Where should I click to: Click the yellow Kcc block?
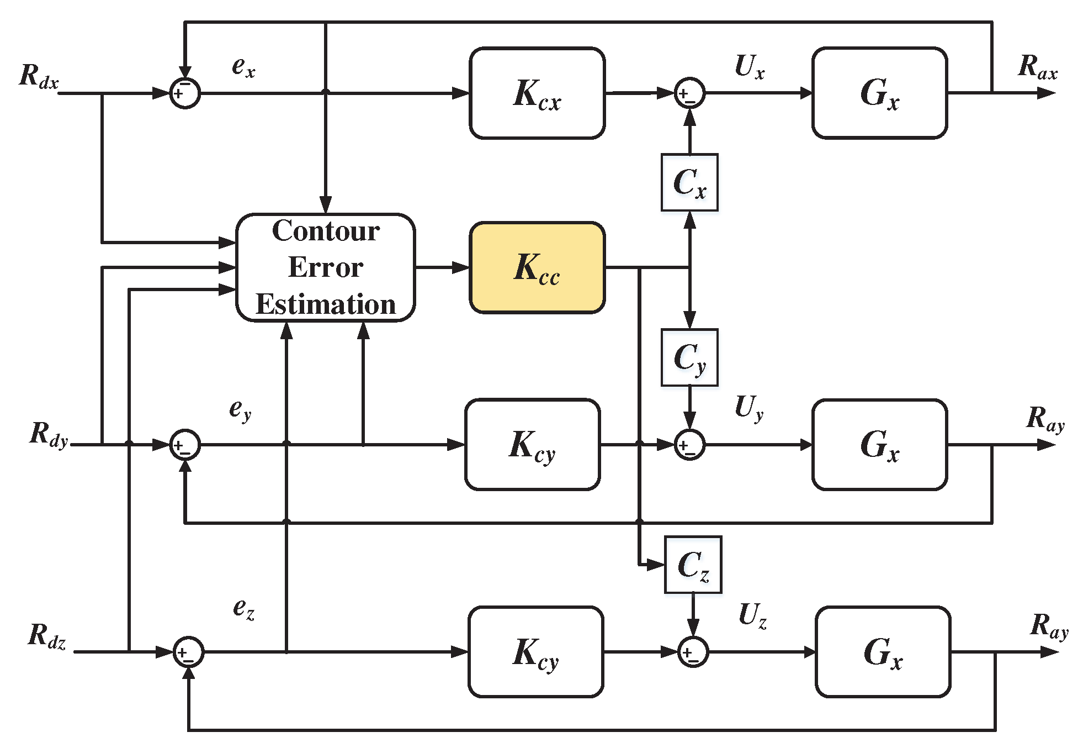[x=537, y=268]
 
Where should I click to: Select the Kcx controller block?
[x=537, y=93]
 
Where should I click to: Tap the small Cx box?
[x=689, y=182]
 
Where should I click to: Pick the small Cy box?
[x=689, y=357]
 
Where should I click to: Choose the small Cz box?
[x=693, y=565]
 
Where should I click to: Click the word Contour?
[x=326, y=231]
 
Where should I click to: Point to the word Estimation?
[x=326, y=304]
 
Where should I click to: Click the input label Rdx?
[x=39, y=76]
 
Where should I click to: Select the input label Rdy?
[x=49, y=434]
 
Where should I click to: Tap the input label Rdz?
[x=47, y=635]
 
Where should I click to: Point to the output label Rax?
[x=1038, y=67]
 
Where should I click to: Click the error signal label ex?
[x=243, y=67]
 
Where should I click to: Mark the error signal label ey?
[x=241, y=410]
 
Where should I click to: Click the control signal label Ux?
[x=750, y=67]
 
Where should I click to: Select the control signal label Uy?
[x=749, y=408]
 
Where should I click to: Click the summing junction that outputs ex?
[x=185, y=93]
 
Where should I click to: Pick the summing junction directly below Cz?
[x=693, y=652]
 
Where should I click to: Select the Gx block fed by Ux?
[x=880, y=93]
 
